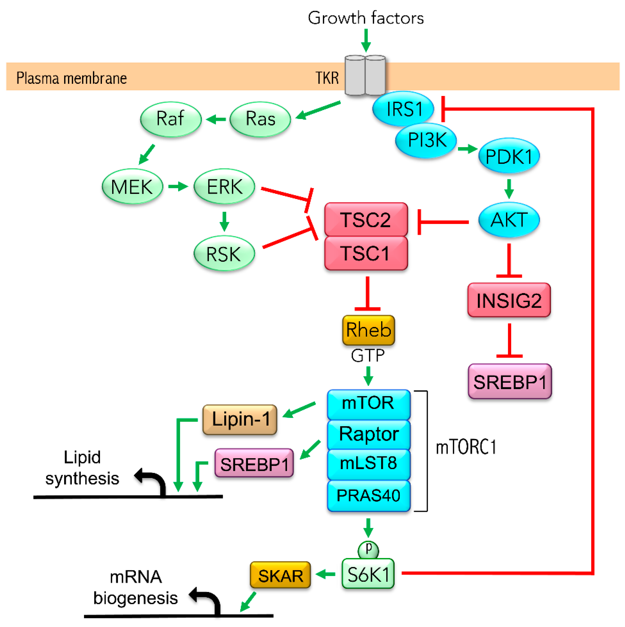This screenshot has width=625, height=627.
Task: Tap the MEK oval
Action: [132, 186]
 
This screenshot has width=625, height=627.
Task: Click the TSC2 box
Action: [366, 219]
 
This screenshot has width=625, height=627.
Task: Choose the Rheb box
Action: [368, 330]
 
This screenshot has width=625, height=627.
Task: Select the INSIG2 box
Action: [509, 300]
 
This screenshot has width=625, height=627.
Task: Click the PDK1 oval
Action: [509, 156]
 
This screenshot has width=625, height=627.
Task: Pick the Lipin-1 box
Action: [240, 419]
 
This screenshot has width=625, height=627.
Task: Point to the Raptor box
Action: [368, 434]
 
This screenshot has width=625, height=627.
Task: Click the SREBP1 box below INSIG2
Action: [510, 381]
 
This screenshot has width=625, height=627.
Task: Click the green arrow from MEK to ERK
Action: [178, 186]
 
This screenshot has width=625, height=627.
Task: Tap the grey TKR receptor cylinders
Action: [365, 75]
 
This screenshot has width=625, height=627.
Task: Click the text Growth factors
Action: [366, 18]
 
